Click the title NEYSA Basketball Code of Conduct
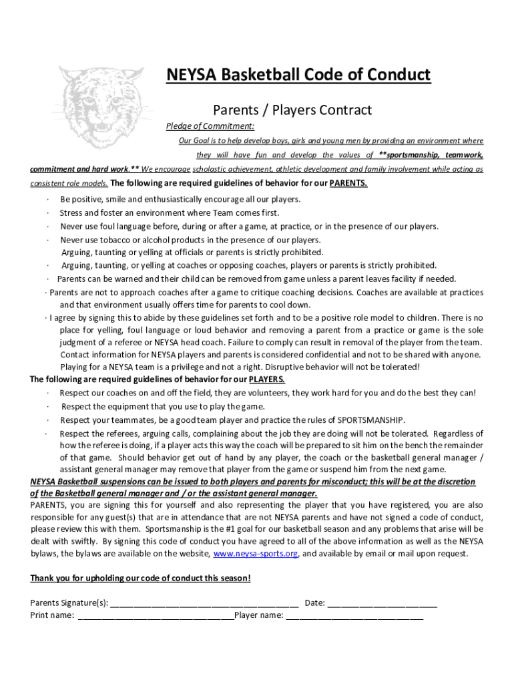[x=298, y=75]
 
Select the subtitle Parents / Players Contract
[x=292, y=110]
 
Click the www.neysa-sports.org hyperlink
[x=255, y=554]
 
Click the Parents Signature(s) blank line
[x=204, y=603]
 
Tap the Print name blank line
[x=156, y=616]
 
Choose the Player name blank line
[x=354, y=616]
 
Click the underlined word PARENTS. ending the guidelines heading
[x=348, y=184]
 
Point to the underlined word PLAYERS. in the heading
[x=267, y=379]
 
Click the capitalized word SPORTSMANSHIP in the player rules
[x=370, y=420]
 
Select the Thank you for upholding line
[x=140, y=578]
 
